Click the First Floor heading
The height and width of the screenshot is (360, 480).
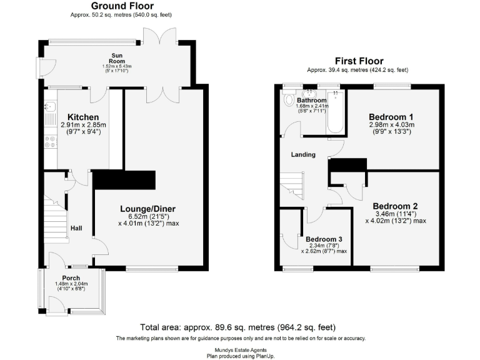[x=359, y=61]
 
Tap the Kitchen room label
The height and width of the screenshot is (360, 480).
[x=83, y=117]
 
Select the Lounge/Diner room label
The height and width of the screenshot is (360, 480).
[x=148, y=209]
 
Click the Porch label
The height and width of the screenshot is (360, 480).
[x=71, y=277]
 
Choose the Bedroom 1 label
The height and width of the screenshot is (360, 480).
[x=391, y=117]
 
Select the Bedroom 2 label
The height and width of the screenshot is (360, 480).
[x=395, y=206]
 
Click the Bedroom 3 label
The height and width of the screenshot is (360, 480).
[x=324, y=238]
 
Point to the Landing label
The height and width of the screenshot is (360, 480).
[x=303, y=154]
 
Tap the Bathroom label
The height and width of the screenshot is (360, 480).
[x=311, y=100]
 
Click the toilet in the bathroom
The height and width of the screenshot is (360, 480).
[x=289, y=99]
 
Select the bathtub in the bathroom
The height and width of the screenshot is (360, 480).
[x=336, y=112]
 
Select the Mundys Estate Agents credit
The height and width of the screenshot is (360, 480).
[x=240, y=349]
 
